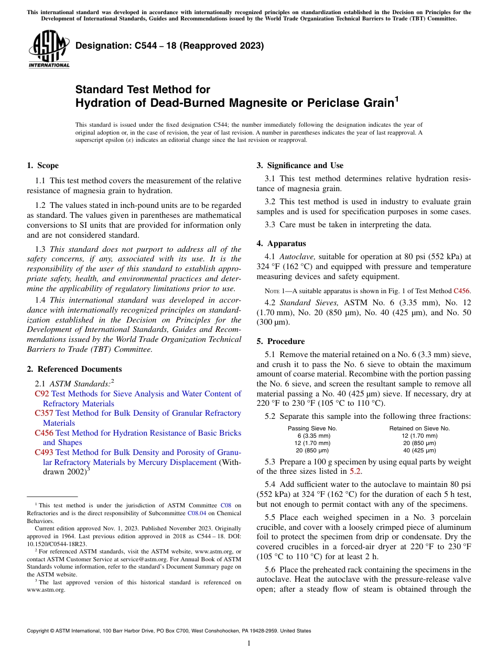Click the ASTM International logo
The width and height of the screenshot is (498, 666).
pyautogui.click(x=49, y=50)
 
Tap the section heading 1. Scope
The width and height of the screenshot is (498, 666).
pyautogui.click(x=42, y=166)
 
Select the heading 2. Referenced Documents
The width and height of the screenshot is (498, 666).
pyautogui.click(x=74, y=369)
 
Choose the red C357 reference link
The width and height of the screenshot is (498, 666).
pyautogui.click(x=44, y=413)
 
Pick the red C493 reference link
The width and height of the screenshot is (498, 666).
pyautogui.click(x=44, y=452)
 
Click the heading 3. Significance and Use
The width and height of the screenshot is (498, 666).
pyautogui.click(x=300, y=166)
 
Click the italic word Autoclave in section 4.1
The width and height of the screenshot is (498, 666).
pyautogui.click(x=297, y=257)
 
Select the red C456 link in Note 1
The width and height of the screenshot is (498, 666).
pyautogui.click(x=461, y=290)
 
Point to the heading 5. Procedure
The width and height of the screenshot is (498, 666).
pyautogui.click(x=280, y=341)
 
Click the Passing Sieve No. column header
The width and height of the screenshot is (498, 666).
pyautogui.click(x=312, y=428)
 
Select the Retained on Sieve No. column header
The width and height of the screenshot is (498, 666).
pyautogui.click(x=419, y=428)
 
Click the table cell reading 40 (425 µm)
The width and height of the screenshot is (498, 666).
pyautogui.click(x=419, y=450)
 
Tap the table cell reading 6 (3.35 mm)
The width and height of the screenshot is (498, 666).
pyautogui.click(x=313, y=436)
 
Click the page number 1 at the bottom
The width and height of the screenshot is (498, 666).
pyautogui.click(x=249, y=643)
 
